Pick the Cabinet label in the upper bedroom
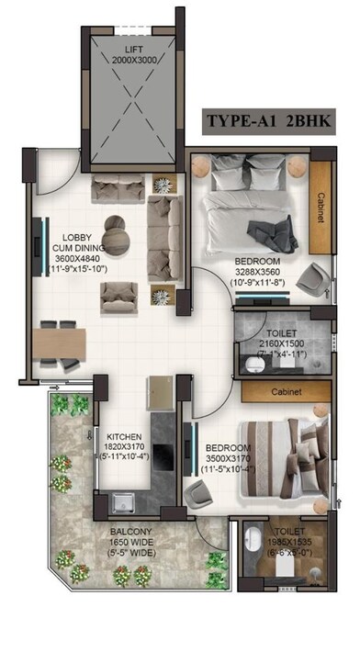[x=321, y=202]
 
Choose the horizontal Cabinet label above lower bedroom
[x=287, y=390]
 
